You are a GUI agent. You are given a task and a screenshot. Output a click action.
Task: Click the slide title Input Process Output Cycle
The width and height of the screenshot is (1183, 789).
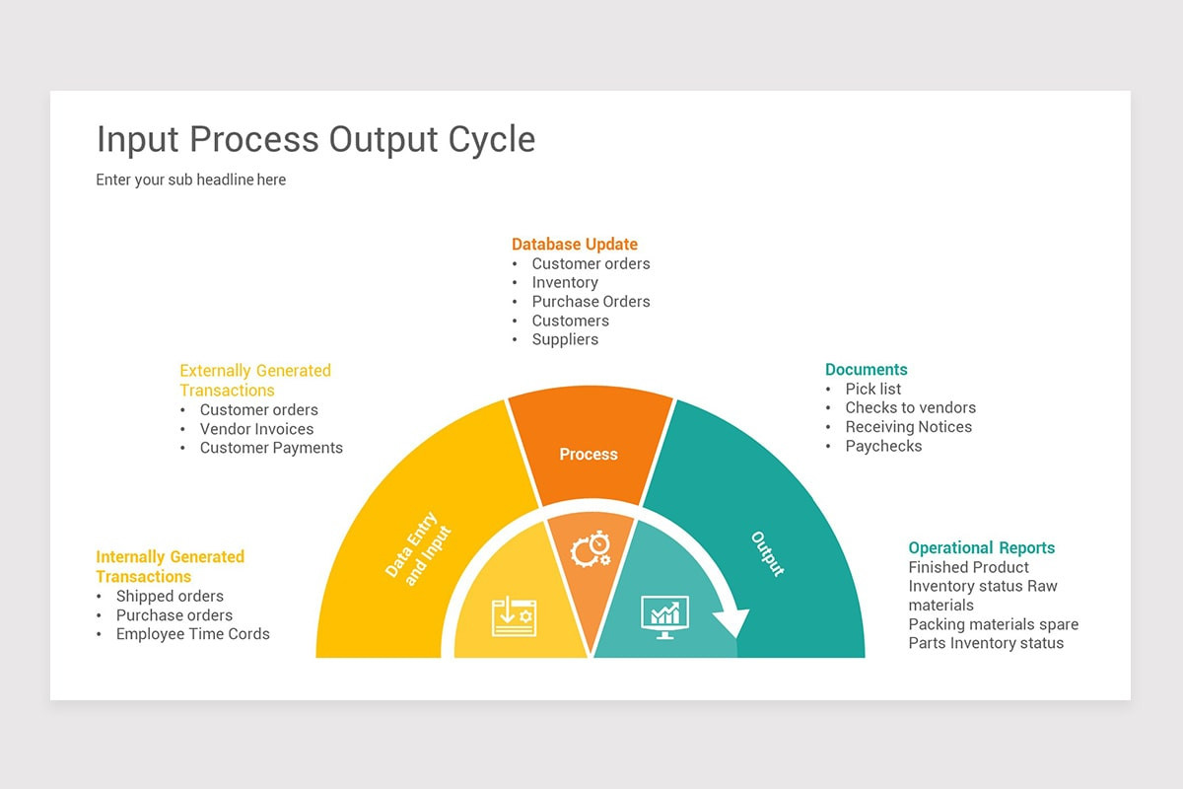315,139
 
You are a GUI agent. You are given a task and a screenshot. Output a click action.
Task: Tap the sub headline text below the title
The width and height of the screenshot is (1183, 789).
190,179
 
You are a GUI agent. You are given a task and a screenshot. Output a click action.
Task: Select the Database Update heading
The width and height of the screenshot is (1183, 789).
575,244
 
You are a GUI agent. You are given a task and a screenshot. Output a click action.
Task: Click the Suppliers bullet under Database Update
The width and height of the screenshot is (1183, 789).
565,339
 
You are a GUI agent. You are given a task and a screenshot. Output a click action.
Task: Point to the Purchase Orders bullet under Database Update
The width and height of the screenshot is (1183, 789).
591,302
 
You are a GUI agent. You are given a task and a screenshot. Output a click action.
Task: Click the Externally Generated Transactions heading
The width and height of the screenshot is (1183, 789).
254,380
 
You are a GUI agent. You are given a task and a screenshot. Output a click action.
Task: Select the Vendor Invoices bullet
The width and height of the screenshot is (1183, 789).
256,429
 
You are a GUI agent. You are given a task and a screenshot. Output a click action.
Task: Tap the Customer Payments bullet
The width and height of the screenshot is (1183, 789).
271,448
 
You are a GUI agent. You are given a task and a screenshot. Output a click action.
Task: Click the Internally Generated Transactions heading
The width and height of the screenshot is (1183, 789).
170,566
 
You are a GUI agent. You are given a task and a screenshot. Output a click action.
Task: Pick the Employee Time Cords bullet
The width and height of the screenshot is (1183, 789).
192,634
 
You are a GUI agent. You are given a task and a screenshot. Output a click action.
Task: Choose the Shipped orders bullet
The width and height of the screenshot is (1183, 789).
170,596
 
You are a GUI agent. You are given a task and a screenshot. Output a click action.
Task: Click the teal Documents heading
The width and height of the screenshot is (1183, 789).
866,370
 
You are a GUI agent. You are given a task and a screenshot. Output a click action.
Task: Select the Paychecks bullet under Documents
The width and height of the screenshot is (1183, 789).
883,446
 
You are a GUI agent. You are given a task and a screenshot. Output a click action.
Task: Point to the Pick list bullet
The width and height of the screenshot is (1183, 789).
873,389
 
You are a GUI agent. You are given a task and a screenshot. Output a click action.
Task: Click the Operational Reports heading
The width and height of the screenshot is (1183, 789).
981,547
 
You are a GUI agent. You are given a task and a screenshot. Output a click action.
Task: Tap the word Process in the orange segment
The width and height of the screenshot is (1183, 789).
589,455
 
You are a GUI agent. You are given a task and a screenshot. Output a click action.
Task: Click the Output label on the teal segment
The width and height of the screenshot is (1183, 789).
767,554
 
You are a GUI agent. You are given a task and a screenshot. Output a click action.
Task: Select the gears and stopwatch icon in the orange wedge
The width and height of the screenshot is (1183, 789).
591,548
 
